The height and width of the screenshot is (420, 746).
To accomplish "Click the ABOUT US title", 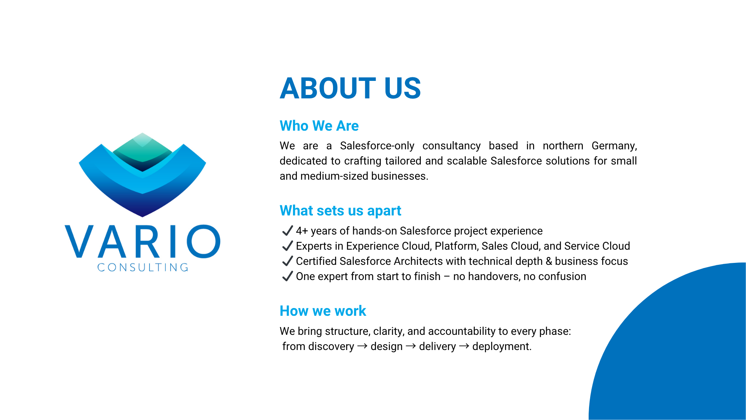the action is [350, 88].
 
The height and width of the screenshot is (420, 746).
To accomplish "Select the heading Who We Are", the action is [319, 126].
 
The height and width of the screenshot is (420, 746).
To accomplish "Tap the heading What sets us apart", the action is [340, 210].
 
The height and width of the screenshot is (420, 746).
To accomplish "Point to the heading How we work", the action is [323, 311].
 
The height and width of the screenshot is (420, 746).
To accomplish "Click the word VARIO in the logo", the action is [143, 241].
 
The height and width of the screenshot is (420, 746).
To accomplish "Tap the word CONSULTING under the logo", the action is [143, 267].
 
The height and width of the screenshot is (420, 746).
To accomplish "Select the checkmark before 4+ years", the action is [287, 231].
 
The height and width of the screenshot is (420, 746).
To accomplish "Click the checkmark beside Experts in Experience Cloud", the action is [287, 246].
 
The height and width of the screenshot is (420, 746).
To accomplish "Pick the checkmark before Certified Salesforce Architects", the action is [287, 261].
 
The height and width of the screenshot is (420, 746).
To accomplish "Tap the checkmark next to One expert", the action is [287, 276].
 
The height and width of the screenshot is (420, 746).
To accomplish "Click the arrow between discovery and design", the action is [362, 346].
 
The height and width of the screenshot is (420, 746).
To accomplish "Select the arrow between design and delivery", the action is [411, 346].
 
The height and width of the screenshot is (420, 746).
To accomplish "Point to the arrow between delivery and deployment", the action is [464, 346].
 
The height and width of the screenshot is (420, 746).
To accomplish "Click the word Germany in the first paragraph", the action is [614, 146].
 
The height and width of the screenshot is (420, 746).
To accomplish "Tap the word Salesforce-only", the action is [377, 146].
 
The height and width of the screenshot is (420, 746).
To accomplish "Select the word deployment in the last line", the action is [502, 346].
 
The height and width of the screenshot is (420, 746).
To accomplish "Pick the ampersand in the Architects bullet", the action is [549, 261].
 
